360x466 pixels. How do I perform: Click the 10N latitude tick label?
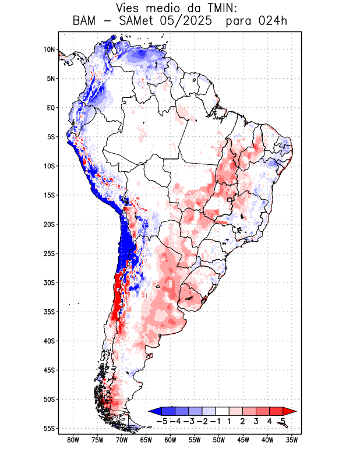point(49,50)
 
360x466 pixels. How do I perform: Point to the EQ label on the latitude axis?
point(51,108)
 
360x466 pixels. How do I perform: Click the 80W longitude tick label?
point(73,440)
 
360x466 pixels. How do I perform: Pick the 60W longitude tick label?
point(170,440)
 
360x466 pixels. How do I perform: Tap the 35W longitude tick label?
point(292,440)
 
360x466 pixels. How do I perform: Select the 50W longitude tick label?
point(219,440)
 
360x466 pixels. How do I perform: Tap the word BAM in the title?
point(85,22)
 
